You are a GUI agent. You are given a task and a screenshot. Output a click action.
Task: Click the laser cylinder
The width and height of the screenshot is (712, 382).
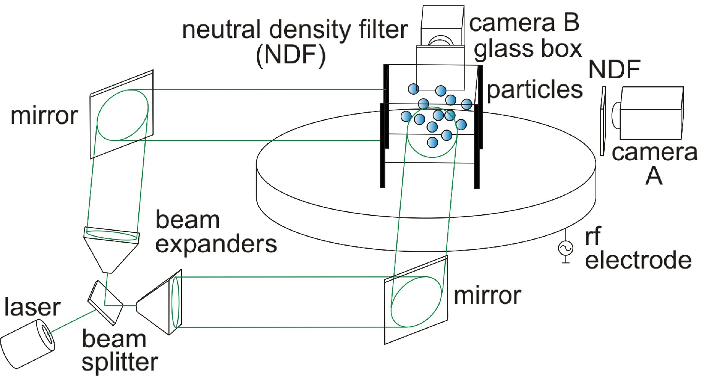click(x=27, y=344)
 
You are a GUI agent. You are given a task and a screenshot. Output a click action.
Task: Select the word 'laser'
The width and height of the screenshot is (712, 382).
click(x=32, y=308)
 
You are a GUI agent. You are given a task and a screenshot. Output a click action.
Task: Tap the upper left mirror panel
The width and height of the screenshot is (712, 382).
click(x=121, y=115)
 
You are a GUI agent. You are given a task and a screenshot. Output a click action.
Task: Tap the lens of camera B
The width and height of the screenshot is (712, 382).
click(x=441, y=41)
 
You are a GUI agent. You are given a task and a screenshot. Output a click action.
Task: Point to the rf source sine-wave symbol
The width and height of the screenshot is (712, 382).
click(x=566, y=248)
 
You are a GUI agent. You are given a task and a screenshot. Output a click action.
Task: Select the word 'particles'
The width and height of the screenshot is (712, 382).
click(x=535, y=90)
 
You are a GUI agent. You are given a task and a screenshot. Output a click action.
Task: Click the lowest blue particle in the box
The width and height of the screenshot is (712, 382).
click(x=432, y=142)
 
